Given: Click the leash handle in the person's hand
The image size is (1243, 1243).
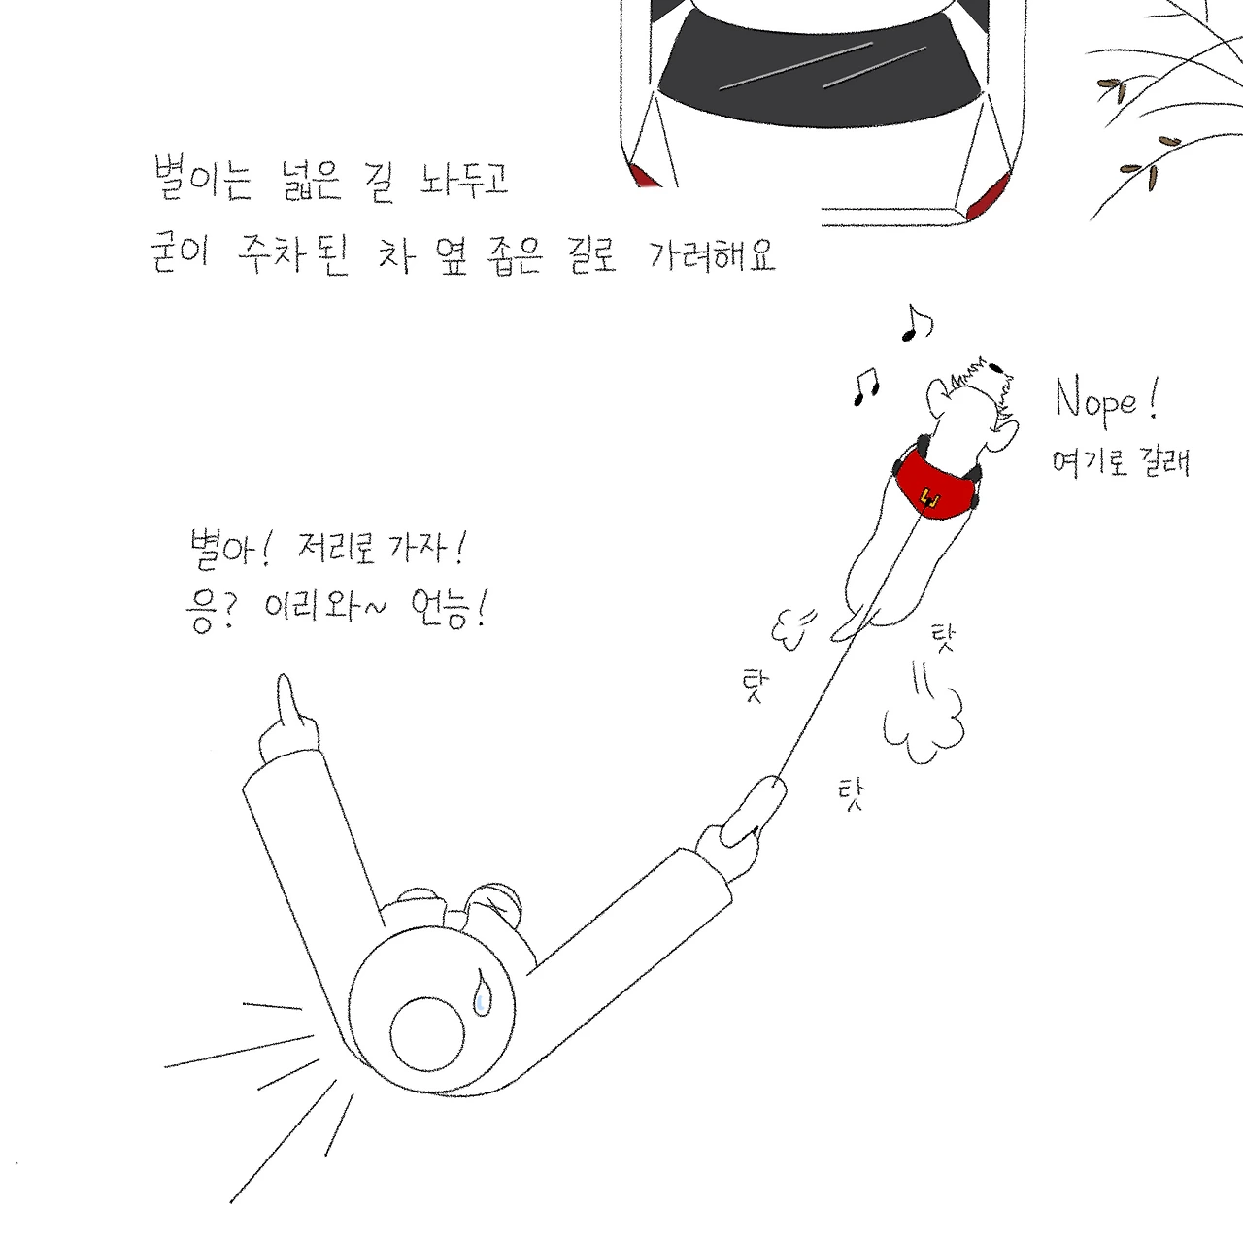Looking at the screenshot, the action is (x=754, y=811).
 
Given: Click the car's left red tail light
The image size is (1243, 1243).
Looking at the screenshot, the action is (x=645, y=176).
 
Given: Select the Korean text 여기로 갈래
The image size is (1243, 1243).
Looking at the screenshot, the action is (x=1121, y=462).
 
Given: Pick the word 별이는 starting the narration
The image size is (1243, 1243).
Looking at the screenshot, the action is (x=203, y=179).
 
